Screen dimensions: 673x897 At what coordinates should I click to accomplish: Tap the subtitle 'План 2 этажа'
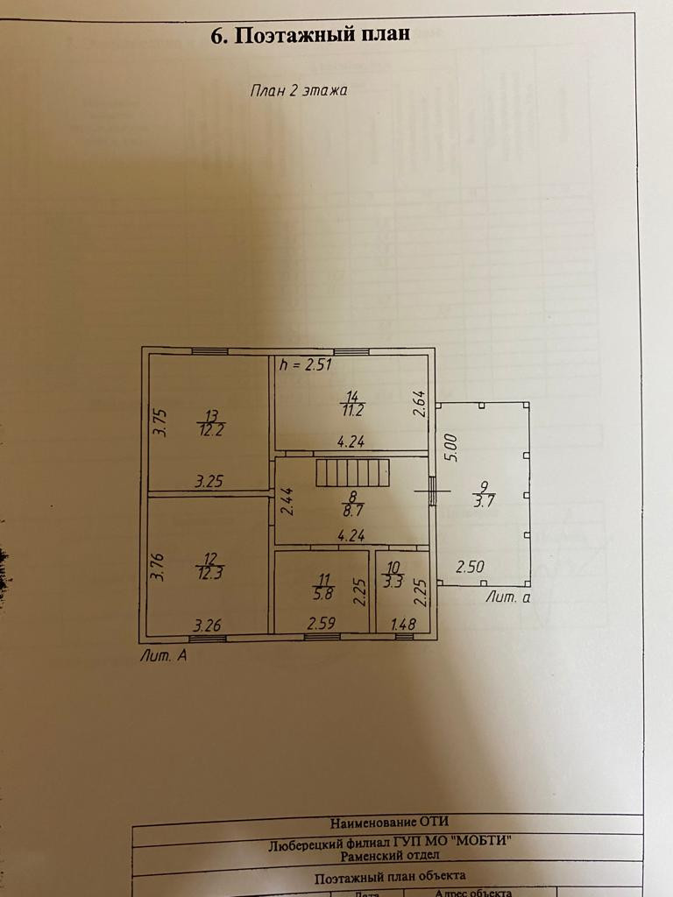(300, 89)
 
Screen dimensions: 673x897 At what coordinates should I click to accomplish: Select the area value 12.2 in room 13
(209, 429)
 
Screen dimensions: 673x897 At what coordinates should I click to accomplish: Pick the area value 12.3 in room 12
(209, 574)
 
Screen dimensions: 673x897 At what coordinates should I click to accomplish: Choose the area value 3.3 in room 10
(393, 581)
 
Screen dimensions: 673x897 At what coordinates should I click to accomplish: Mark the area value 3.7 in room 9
(482, 501)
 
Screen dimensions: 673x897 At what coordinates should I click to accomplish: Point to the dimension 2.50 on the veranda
(470, 567)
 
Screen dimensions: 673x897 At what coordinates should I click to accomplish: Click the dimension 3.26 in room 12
(208, 625)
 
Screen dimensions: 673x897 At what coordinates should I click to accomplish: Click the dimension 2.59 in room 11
(321, 625)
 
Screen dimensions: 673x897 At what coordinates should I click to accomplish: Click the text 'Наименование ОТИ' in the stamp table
(388, 822)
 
